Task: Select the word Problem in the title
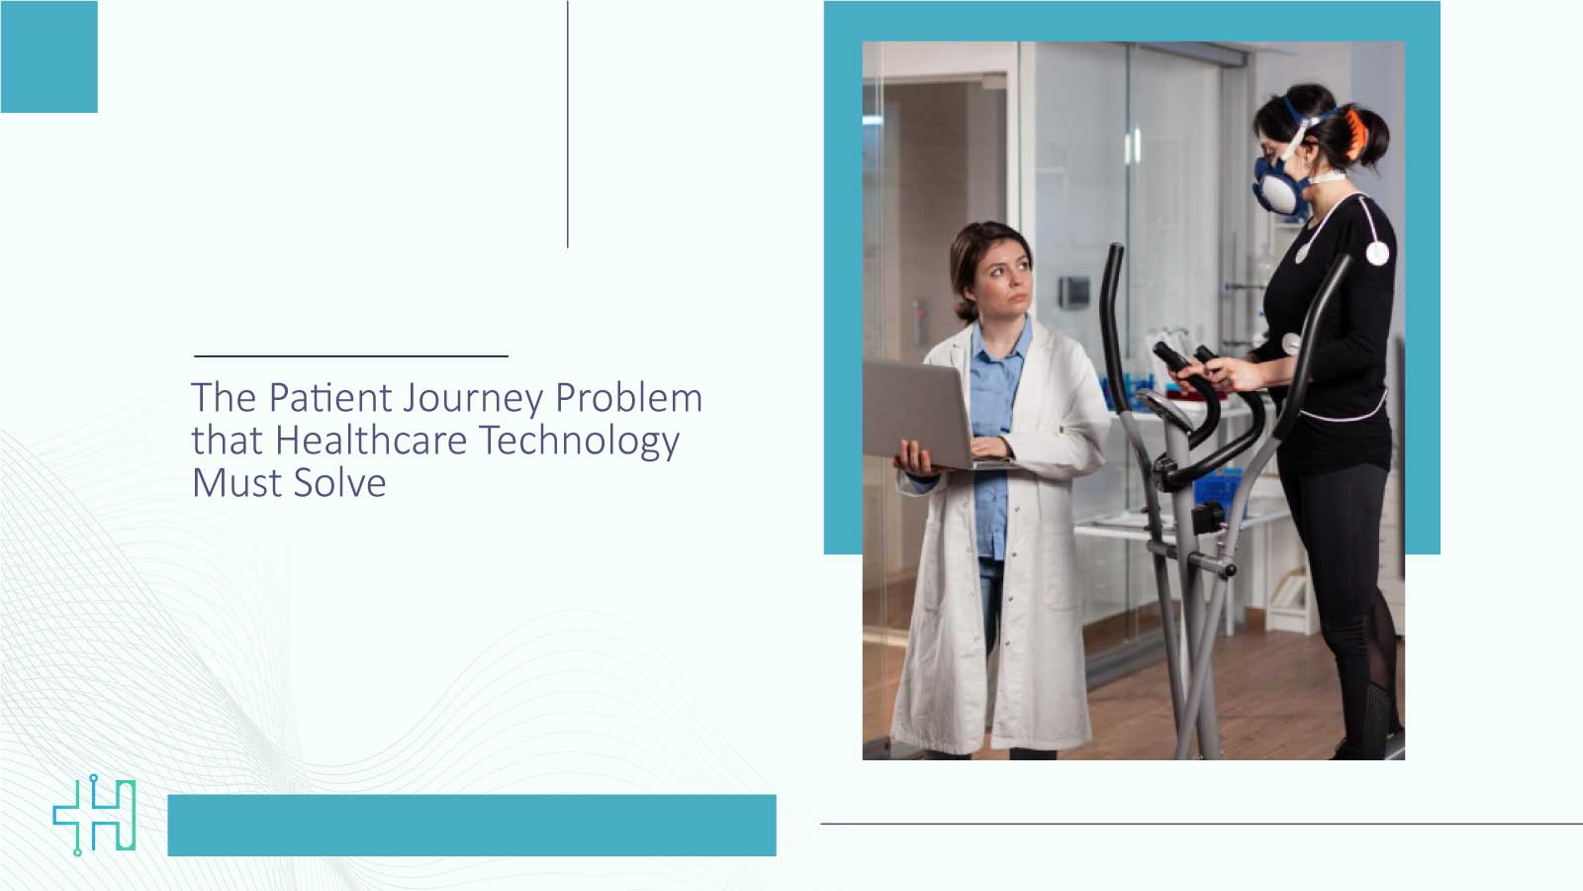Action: pyautogui.click(x=628, y=398)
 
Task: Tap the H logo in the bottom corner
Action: pyautogui.click(x=95, y=815)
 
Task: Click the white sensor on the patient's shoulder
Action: pyautogui.click(x=1376, y=253)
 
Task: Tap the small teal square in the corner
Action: pyautogui.click(x=48, y=56)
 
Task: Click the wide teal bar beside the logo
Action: pyautogui.click(x=472, y=825)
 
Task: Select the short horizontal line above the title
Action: pyautogui.click(x=351, y=355)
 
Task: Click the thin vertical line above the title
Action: pyautogui.click(x=568, y=124)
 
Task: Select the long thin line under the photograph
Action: pyautogui.click(x=1201, y=823)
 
